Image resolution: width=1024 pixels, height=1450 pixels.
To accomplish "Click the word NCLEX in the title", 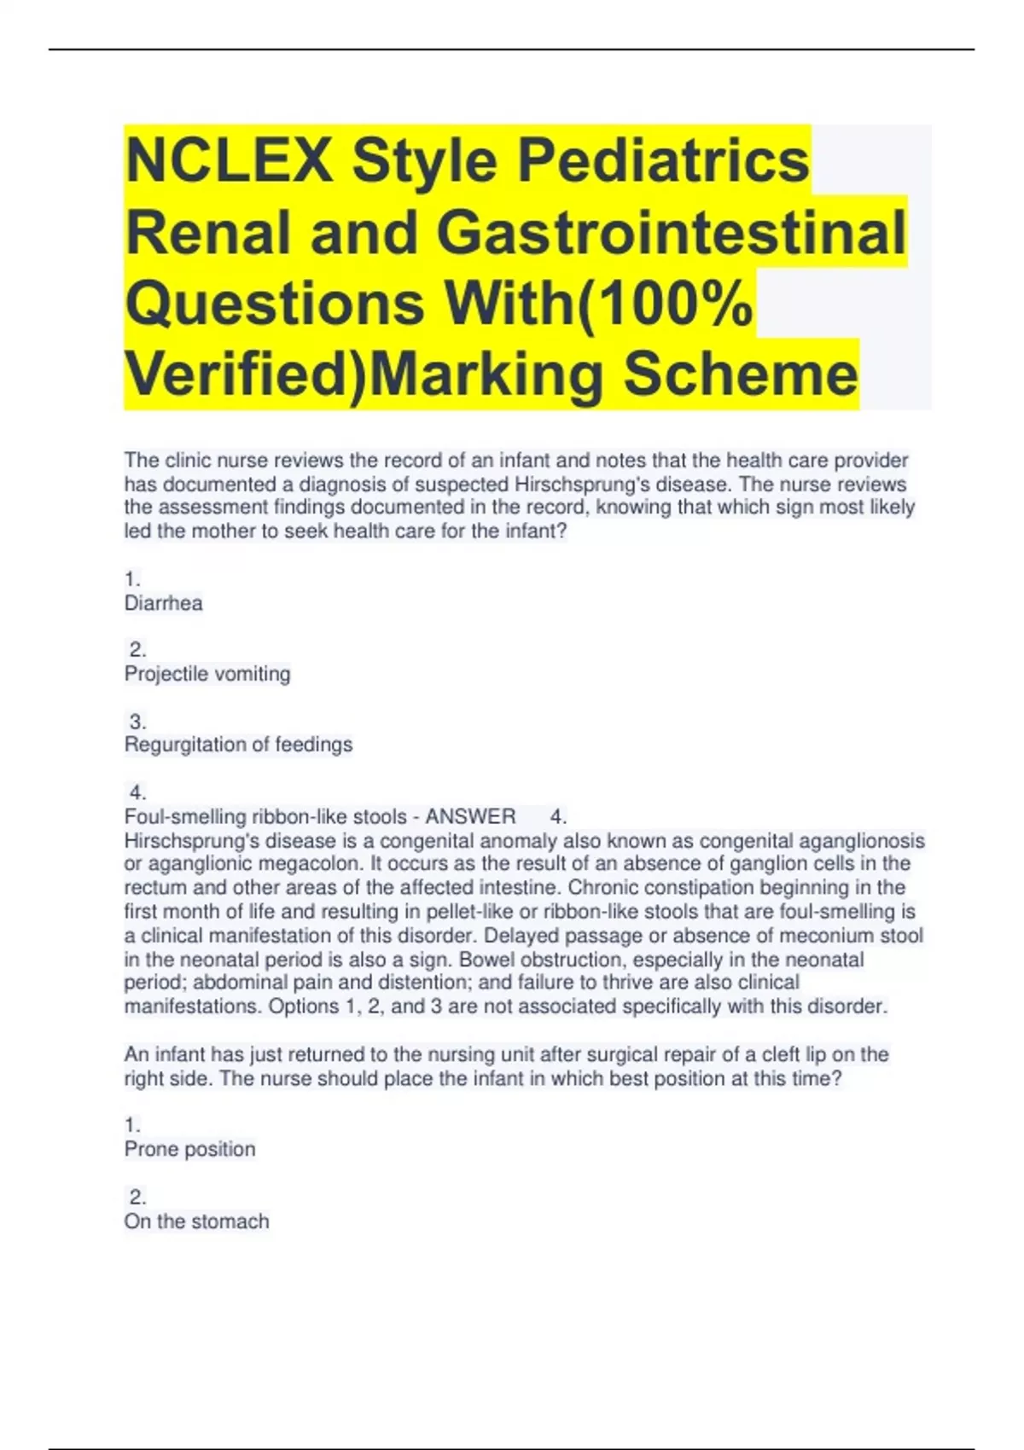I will pyautogui.click(x=229, y=160).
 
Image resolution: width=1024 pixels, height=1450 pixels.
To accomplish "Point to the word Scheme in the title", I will pyautogui.click(x=740, y=374).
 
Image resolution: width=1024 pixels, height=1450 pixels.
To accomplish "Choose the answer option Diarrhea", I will pyautogui.click(x=164, y=604).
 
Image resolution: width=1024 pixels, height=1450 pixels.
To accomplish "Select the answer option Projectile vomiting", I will pyautogui.click(x=207, y=674).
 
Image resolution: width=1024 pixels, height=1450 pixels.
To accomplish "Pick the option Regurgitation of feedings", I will pyautogui.click(x=238, y=745).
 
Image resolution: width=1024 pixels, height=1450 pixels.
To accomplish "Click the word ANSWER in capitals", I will pyautogui.click(x=470, y=816).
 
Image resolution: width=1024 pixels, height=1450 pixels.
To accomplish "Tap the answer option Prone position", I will pyautogui.click(x=189, y=1149).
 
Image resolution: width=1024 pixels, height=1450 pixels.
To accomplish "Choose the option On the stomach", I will pyautogui.click(x=196, y=1221).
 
